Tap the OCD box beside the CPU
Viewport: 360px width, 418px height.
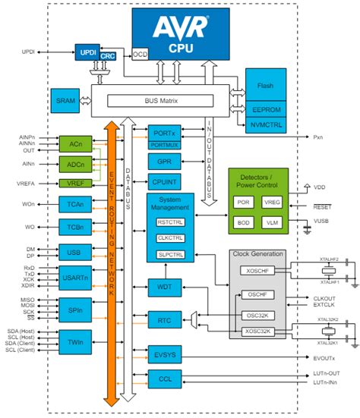pos(140,55)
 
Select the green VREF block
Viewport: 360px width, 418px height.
pos(75,183)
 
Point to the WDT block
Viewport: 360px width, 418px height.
pos(164,288)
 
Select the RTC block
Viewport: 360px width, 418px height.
pos(164,321)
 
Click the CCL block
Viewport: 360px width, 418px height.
pos(164,378)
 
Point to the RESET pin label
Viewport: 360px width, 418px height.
pos(324,205)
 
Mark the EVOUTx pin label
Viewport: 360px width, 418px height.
pos(326,357)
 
